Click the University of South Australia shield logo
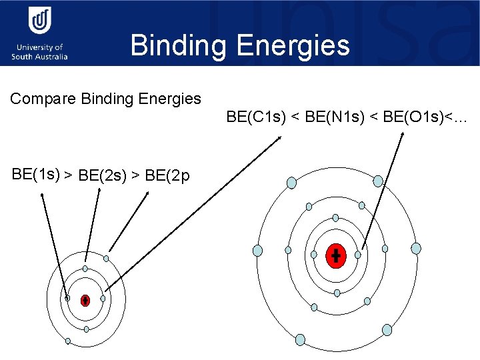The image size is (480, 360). click(x=39, y=20)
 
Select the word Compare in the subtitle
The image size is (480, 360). click(x=43, y=99)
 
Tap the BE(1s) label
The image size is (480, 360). click(x=36, y=175)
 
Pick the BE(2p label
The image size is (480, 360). click(x=167, y=176)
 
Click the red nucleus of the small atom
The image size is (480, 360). click(x=85, y=300)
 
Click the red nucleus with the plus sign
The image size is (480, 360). click(x=336, y=255)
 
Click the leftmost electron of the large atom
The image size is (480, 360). click(x=258, y=251)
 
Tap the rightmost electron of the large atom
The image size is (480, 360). click(x=416, y=248)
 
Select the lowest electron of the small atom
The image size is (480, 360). click(x=68, y=341)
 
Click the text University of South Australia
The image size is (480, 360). click(x=39, y=52)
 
